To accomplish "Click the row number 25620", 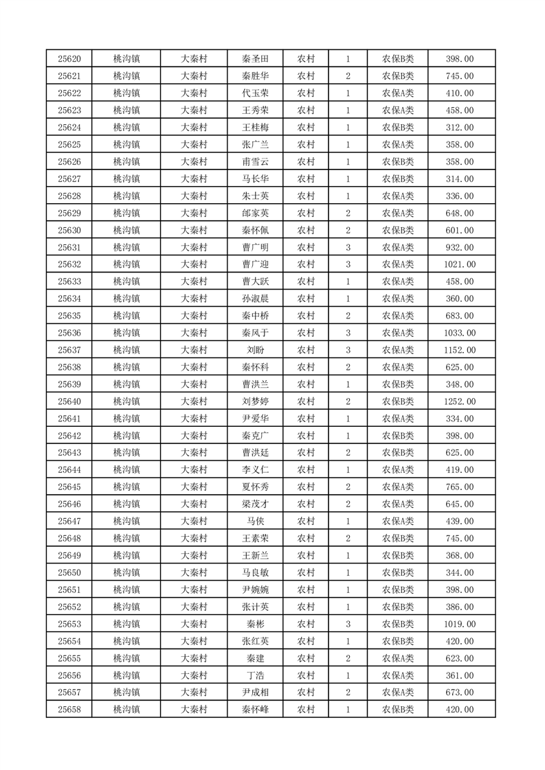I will click(69, 59).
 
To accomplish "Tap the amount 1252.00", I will click(460, 401).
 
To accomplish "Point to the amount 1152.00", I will click(460, 350).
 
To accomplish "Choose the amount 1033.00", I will click(460, 333).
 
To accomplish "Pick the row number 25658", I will click(69, 710).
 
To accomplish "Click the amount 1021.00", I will click(460, 264).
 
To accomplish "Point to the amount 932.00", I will click(460, 247).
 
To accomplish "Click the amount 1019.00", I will click(460, 624).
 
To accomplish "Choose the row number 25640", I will click(69, 401).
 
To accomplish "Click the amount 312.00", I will click(460, 128).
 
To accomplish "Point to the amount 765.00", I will click(460, 487).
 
